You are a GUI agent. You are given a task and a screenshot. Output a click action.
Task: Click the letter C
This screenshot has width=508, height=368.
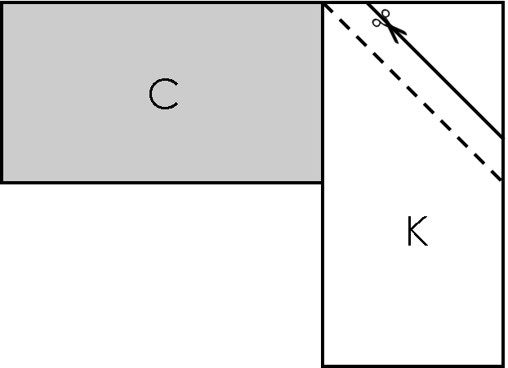163,95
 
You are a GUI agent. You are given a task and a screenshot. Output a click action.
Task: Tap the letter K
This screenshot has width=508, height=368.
417,233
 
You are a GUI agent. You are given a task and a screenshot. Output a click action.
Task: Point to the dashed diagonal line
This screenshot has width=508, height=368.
412,92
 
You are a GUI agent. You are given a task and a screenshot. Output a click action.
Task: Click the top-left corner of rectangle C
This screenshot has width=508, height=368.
2,2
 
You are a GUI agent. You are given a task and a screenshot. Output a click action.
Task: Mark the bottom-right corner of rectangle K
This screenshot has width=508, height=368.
502,365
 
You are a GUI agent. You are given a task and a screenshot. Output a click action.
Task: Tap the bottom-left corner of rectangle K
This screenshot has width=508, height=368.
323,365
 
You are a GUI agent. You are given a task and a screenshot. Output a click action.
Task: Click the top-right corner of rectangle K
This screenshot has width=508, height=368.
502,2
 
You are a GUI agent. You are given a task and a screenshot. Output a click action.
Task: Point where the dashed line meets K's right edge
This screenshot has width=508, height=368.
502,181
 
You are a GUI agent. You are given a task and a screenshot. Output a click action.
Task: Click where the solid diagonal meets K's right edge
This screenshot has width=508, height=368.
502,137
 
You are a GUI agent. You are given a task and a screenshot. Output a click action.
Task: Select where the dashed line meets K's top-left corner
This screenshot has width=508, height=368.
323,3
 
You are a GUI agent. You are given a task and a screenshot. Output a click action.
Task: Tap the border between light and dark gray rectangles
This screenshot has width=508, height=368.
161,182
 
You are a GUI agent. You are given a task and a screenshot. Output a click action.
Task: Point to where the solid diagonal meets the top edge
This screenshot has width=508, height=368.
369,3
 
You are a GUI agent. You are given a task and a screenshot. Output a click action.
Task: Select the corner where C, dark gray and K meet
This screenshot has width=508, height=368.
323,182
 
